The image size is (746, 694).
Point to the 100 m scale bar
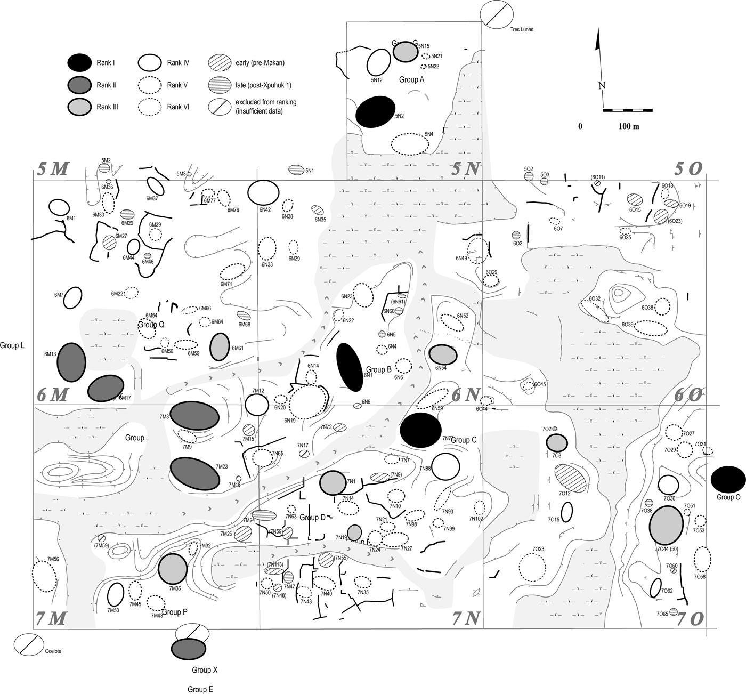click(x=627, y=110)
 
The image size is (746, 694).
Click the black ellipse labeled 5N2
click(x=375, y=112)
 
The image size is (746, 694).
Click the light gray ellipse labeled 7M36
click(x=173, y=568)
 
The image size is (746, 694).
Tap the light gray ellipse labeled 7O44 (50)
click(x=666, y=525)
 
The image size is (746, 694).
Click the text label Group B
click(x=379, y=369)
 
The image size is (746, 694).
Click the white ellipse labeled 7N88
click(x=445, y=467)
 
